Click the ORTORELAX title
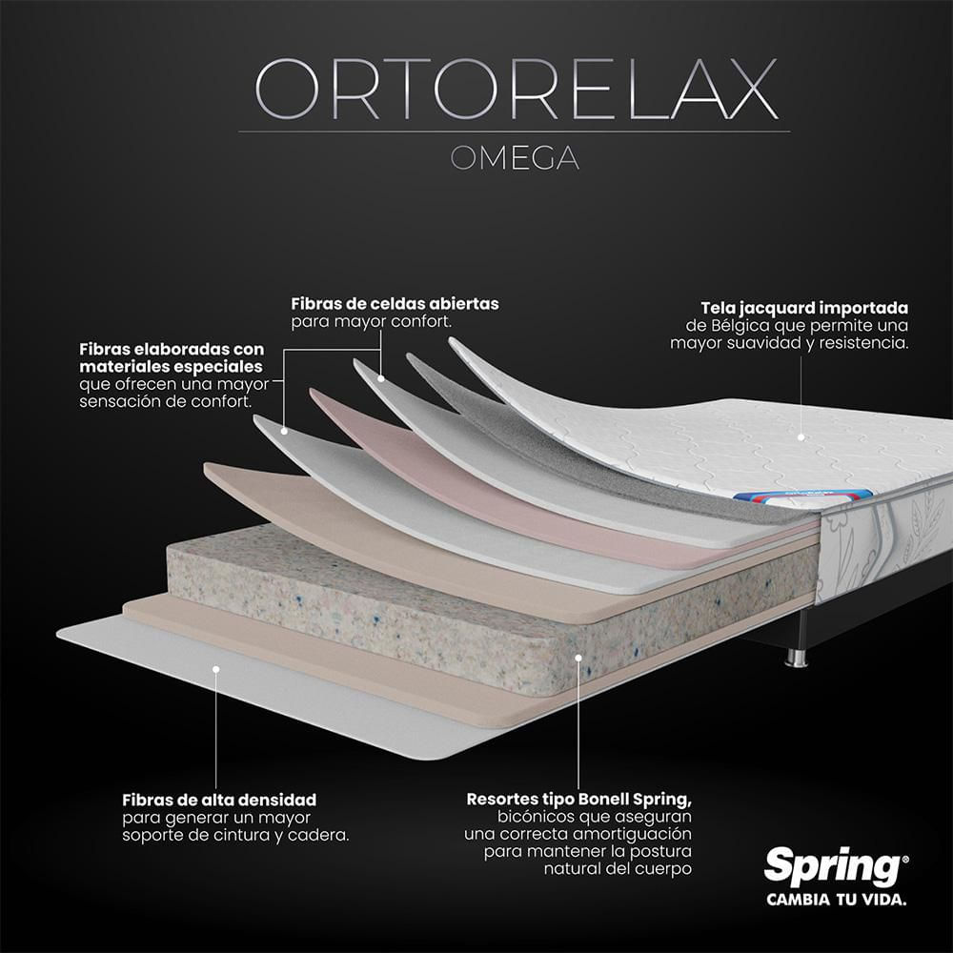click(516, 89)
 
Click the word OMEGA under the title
click(515, 158)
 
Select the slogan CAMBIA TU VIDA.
click(837, 900)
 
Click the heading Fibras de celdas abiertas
click(395, 303)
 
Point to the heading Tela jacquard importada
click(804, 308)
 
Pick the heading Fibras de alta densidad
click(219, 800)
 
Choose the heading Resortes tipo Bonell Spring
click(578, 800)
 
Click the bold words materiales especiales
click(171, 367)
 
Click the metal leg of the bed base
click(797, 659)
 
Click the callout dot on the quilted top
click(801, 437)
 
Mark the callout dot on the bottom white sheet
click(215, 669)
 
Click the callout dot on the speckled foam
click(578, 657)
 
